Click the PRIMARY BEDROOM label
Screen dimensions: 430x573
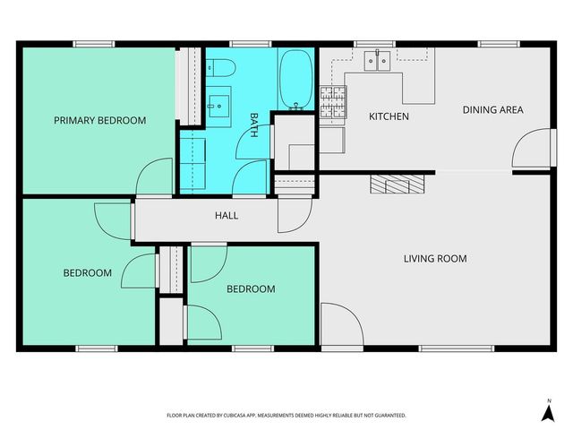[99, 120]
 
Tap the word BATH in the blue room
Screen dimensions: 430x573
[254, 123]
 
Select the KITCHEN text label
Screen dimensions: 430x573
[389, 116]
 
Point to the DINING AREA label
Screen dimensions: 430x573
[492, 110]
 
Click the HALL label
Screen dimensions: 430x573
[227, 215]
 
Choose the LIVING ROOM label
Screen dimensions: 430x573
[435, 259]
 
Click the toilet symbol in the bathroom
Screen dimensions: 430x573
[222, 66]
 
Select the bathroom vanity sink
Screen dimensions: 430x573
[217, 106]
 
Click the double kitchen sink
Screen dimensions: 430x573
[377, 62]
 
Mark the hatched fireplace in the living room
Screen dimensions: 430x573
[396, 183]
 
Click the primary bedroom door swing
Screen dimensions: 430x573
[153, 176]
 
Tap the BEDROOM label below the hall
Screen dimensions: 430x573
[251, 289]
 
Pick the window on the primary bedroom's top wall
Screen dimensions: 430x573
[93, 43]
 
